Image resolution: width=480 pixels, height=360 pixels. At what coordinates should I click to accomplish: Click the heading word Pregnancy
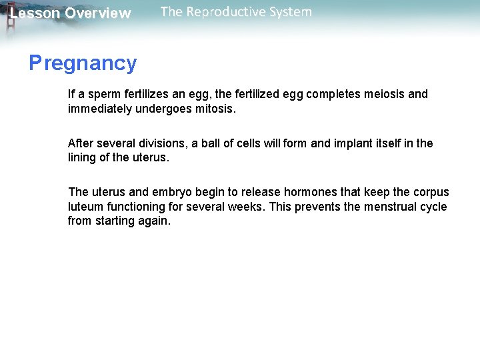tap(83, 63)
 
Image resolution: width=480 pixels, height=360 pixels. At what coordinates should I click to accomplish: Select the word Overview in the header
tap(98, 13)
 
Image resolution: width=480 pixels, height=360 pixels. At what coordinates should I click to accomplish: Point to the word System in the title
tap(289, 12)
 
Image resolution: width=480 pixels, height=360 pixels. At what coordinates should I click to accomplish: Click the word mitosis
tap(214, 109)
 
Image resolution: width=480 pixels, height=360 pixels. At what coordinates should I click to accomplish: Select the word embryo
tap(165, 193)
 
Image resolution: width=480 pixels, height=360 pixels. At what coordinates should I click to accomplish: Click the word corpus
tap(431, 193)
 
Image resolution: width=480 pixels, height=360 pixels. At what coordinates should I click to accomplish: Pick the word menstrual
tap(390, 207)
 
